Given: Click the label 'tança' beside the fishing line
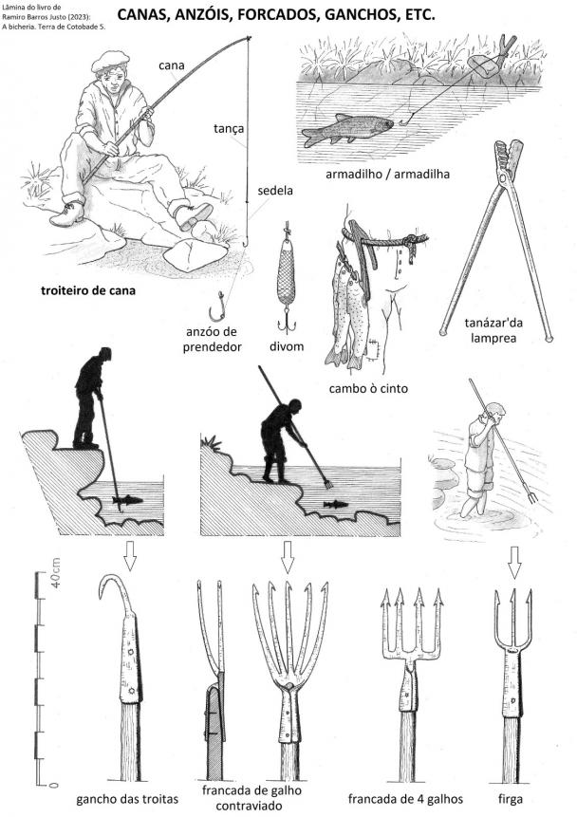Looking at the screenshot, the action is pos(229,128).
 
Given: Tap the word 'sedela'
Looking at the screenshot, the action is pos(275,191).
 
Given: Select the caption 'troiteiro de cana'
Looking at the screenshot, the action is pos(88,290).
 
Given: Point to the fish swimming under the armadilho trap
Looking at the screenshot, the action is pos(346,129).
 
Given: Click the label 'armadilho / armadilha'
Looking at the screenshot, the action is pos(387,174).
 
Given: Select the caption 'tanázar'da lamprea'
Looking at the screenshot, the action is pos(493,330).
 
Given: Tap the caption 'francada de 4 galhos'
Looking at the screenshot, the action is pos(405,799).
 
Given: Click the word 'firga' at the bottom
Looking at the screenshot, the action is pos(511,799).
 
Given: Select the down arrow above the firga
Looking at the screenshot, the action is pos(514,563).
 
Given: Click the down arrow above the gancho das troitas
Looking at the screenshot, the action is pos(130,556).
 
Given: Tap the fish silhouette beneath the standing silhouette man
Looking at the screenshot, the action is pos(127,500).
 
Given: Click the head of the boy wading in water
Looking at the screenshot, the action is pos(494,412).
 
